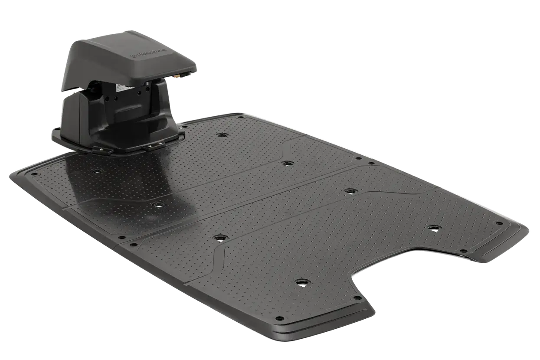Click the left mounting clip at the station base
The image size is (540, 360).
pos(104,150)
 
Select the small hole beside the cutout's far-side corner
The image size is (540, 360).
pos(463,251)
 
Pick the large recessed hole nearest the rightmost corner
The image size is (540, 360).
pos(433,227)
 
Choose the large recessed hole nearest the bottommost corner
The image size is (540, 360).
pos(299,282)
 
